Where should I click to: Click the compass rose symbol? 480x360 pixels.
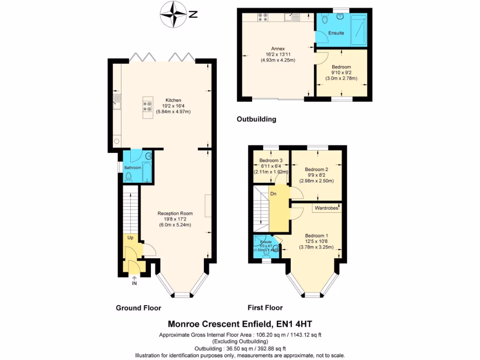(x=172, y=14)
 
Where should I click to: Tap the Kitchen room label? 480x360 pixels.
(x=173, y=100)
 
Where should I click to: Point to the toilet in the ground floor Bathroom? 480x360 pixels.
(x=129, y=177)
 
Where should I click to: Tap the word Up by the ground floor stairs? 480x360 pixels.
(x=131, y=238)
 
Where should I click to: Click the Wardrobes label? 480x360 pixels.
(x=326, y=208)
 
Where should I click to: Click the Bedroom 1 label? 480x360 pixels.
(x=316, y=235)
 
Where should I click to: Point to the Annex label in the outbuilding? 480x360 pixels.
(x=278, y=49)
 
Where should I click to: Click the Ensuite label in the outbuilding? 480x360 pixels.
(x=336, y=33)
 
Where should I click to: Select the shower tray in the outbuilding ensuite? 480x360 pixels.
(x=360, y=28)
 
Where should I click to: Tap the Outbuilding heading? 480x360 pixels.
(x=256, y=119)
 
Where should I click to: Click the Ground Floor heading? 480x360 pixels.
(x=138, y=308)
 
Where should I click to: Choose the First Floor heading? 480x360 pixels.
(x=265, y=308)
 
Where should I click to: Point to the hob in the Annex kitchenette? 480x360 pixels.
(x=262, y=18)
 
